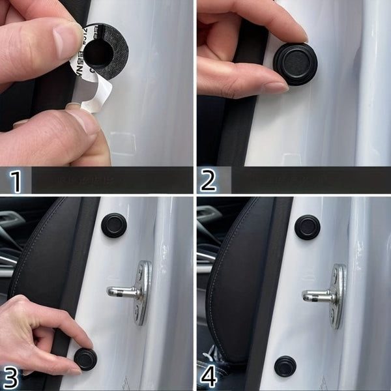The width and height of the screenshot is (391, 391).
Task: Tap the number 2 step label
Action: (x=208, y=181)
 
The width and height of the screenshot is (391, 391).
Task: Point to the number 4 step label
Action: (x=209, y=377)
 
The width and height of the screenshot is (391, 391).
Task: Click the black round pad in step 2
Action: (x=295, y=63)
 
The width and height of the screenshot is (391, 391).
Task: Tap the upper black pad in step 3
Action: (x=114, y=224)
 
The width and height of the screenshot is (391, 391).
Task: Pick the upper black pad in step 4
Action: (x=307, y=227)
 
